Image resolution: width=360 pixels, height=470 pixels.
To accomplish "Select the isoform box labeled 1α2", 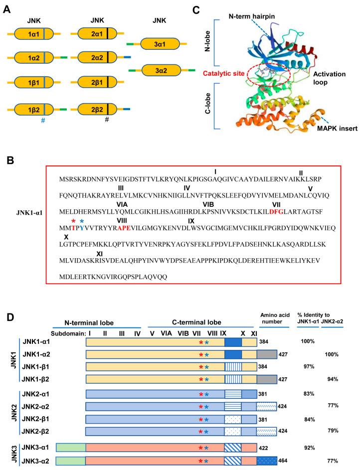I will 34,58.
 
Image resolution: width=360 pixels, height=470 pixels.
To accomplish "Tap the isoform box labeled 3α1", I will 160,45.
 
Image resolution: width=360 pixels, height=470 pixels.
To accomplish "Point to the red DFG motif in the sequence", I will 277,212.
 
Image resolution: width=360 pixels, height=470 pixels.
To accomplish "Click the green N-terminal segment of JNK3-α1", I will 71,446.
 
